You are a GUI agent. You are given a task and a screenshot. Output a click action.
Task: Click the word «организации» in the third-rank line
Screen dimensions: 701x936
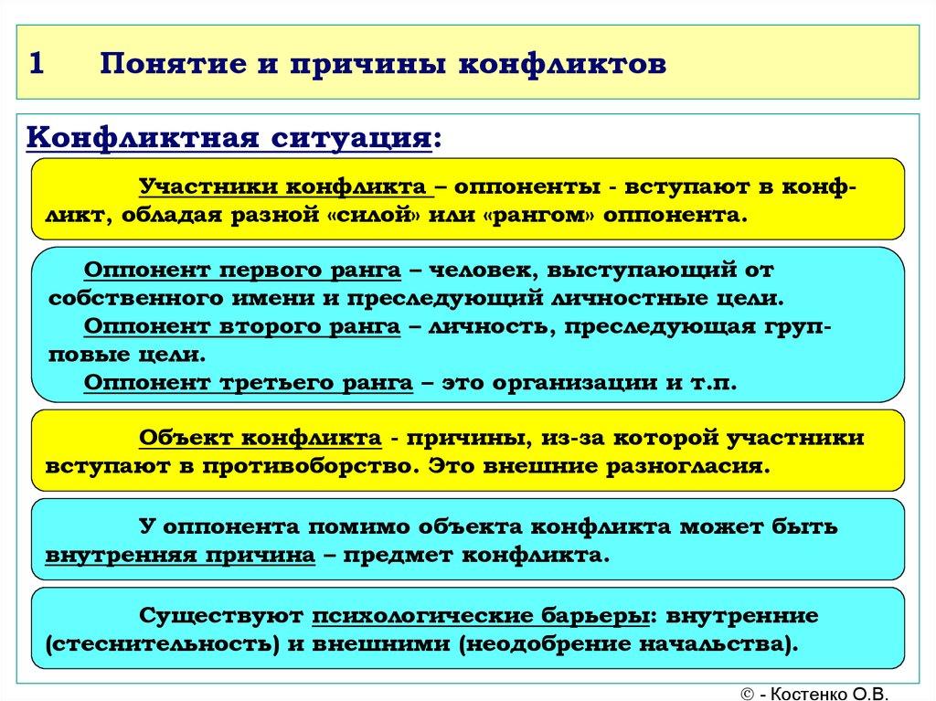(x=568, y=382)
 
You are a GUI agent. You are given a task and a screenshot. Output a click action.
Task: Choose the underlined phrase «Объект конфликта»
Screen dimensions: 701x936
(x=260, y=438)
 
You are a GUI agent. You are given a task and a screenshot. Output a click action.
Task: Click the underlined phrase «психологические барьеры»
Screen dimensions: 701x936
(x=480, y=615)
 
